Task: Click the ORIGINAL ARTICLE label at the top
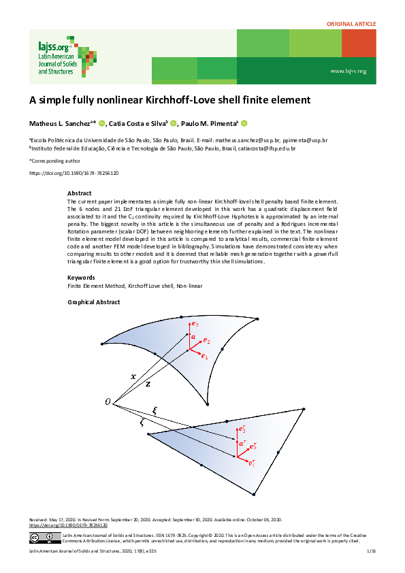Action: click(352, 24)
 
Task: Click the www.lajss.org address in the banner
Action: click(348, 71)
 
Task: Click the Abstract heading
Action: click(79, 193)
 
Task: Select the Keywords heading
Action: click(81, 277)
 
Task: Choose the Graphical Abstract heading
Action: click(94, 302)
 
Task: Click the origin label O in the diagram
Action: click(107, 402)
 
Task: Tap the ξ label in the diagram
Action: click(155, 410)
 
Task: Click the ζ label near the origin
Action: click(142, 422)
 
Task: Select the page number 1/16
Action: click(371, 559)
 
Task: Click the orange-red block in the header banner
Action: click(359, 44)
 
